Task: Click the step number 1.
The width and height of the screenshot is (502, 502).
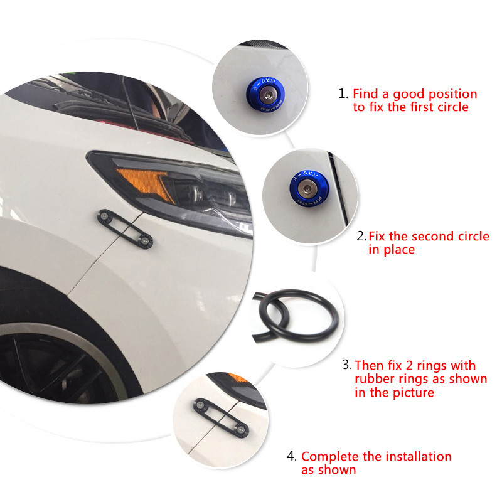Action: [x=343, y=94]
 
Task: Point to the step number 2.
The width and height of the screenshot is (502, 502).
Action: [x=361, y=237]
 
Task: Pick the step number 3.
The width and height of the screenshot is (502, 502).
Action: [x=346, y=365]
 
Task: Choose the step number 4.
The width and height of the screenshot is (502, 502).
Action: [x=292, y=457]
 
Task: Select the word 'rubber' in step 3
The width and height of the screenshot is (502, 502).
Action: [x=373, y=379]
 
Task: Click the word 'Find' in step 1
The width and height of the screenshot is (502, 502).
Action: [x=365, y=94]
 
